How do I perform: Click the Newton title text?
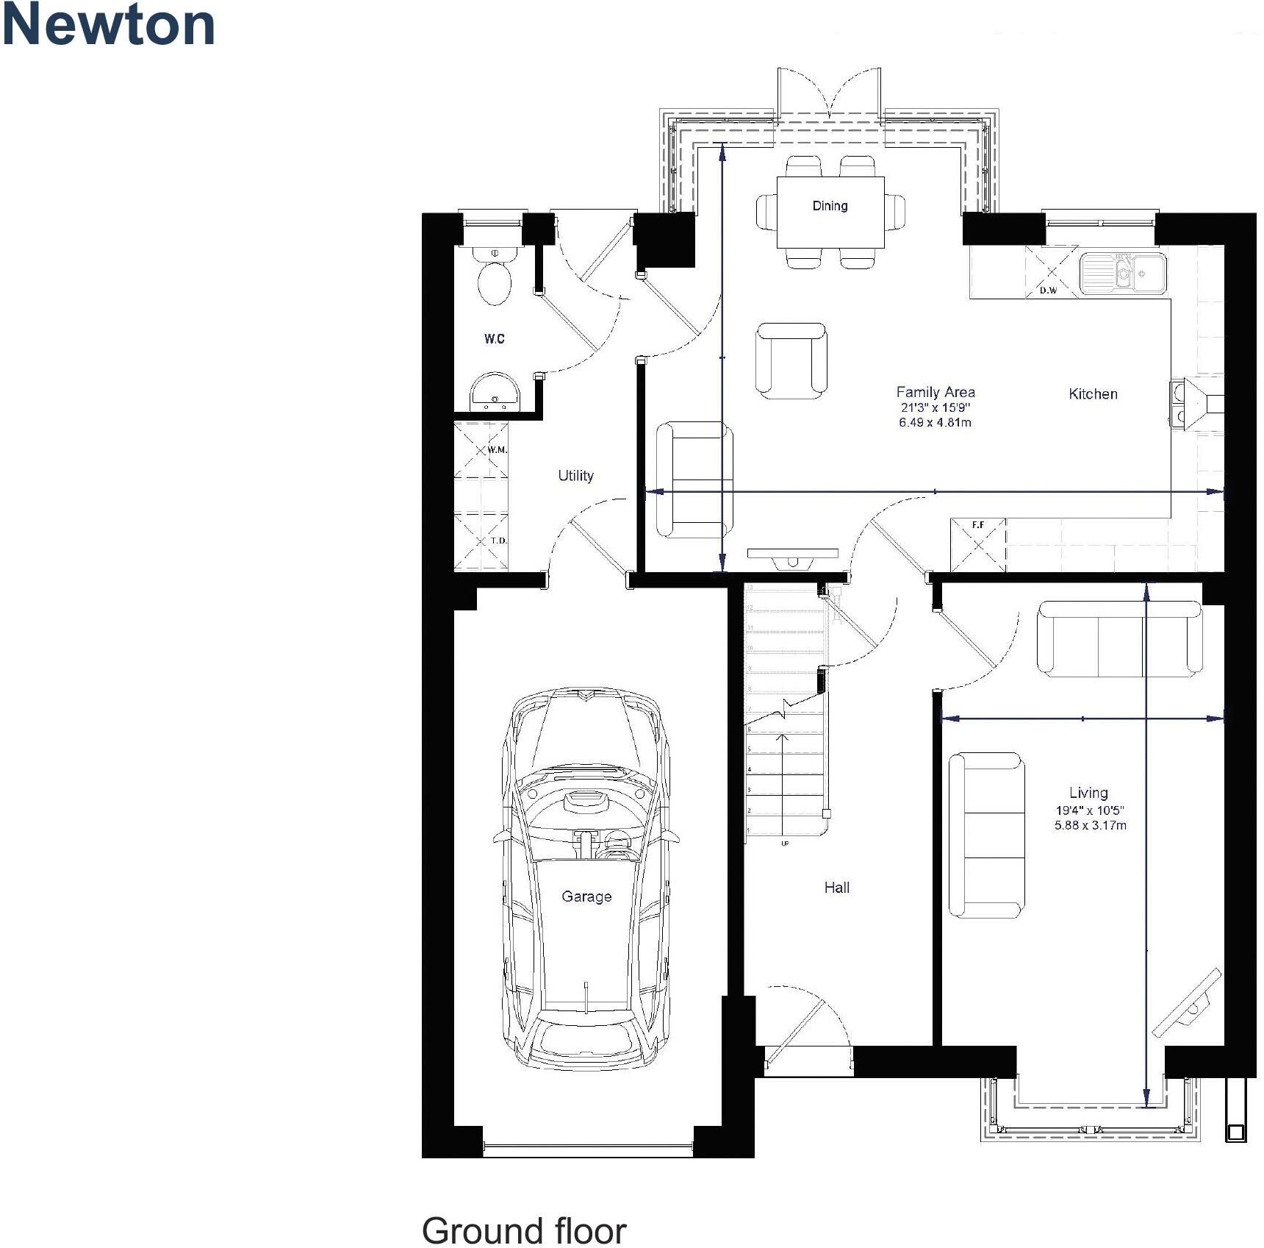pos(109,25)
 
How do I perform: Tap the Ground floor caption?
pos(523,1230)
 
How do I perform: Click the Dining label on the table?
pos(830,206)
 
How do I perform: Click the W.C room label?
pos(494,339)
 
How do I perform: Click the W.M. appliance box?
pos(481,449)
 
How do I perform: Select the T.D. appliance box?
pos(481,542)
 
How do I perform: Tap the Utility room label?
pos(575,476)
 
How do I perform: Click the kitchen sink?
pos(1122,273)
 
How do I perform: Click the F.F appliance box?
pos(977,545)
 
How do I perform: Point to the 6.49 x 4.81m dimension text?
pos(935,423)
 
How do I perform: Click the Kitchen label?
pos(1093,394)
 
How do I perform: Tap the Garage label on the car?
pos(586,896)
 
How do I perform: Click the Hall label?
pos(836,888)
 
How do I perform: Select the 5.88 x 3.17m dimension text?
pos(1090,825)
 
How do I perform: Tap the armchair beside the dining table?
pos(791,360)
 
